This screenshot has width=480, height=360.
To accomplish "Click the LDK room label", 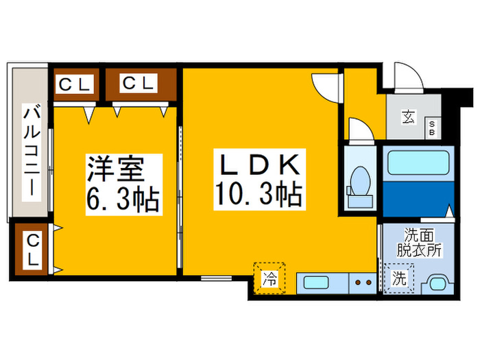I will point(259,165).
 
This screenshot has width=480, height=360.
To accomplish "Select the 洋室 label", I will point(115,169).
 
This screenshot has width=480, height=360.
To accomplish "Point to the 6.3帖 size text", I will point(123,200).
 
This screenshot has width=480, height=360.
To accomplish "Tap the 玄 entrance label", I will point(408,117).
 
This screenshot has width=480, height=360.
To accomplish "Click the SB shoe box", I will point(433,128).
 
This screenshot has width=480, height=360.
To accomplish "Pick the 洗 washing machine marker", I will point(398,279).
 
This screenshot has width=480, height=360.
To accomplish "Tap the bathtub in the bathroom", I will point(418,163).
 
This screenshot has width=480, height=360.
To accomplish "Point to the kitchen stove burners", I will point(361,283).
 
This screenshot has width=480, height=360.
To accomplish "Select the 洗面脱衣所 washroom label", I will point(416,241).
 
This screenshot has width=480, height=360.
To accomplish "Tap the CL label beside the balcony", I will point(32,250).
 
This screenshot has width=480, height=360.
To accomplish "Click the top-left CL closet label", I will point(75,84).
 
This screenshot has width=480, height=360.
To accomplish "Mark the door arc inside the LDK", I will point(324,86).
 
